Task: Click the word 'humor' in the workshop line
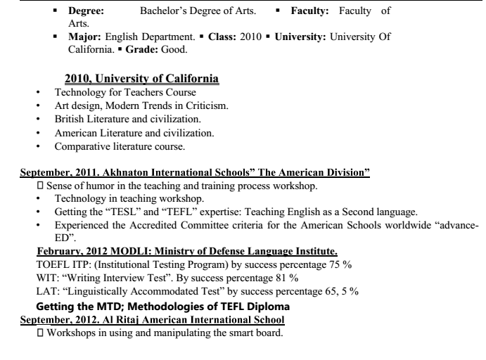(103, 186)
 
